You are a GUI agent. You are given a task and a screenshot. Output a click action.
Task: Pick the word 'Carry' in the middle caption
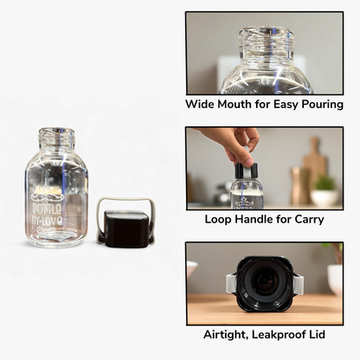308,219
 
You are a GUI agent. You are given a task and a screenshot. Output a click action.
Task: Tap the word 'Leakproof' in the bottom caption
281,333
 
